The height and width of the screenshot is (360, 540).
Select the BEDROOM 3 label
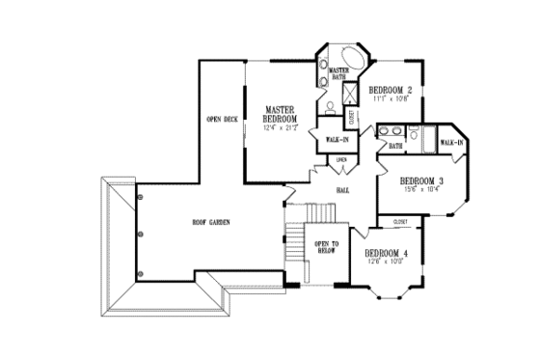[x=421, y=180]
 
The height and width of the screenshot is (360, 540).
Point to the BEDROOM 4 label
[x=387, y=253]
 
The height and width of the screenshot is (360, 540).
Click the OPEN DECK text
[x=222, y=120]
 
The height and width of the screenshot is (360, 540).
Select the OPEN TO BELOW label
[x=322, y=248]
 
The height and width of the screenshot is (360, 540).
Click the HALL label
[x=341, y=190]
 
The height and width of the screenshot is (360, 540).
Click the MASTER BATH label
[x=337, y=74]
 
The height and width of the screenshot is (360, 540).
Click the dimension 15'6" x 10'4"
[x=421, y=190]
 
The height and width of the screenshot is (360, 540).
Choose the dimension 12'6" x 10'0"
[x=387, y=262]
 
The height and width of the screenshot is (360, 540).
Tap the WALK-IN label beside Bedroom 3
[x=452, y=143]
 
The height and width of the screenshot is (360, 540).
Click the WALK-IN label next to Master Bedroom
[x=337, y=140]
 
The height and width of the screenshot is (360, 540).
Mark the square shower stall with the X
[x=351, y=94]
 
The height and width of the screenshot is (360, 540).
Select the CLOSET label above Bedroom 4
[x=401, y=222]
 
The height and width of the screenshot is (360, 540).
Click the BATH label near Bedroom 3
[x=396, y=147]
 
